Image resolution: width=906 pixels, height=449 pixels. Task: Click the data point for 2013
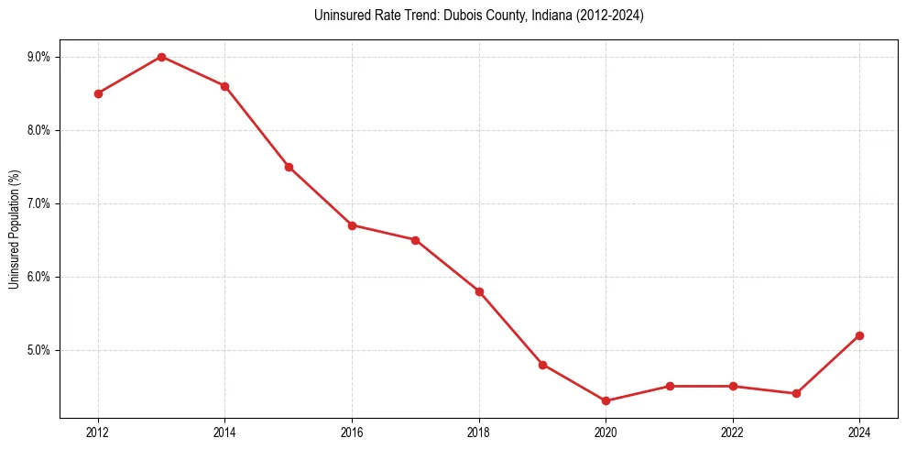click(x=161, y=57)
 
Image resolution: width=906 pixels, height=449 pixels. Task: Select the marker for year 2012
click(x=98, y=93)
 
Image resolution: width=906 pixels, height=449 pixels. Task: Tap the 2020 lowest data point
click(x=606, y=401)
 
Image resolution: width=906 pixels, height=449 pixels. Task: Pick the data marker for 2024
click(x=859, y=335)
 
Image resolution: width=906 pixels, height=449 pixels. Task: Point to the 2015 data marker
click(x=289, y=167)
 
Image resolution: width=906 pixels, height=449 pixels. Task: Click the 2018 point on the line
click(x=479, y=291)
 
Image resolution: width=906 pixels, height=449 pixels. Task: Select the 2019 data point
click(x=542, y=365)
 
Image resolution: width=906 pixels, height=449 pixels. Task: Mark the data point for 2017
click(x=415, y=240)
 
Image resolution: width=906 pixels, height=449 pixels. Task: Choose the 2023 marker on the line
click(x=796, y=394)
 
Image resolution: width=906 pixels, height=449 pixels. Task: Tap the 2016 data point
click(x=352, y=225)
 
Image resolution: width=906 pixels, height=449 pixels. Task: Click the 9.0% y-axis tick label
click(x=38, y=57)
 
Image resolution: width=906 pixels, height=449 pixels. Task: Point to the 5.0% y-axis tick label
click(x=38, y=350)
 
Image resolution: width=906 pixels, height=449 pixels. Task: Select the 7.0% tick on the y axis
click(x=38, y=203)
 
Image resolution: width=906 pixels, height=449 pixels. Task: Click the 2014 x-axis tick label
click(x=224, y=432)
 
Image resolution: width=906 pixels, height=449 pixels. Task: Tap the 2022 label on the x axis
click(x=732, y=432)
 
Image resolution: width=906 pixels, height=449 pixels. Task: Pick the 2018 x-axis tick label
click(x=479, y=432)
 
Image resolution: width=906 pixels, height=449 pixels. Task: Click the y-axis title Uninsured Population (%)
click(x=14, y=229)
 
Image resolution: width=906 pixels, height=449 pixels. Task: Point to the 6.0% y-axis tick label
click(x=38, y=277)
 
